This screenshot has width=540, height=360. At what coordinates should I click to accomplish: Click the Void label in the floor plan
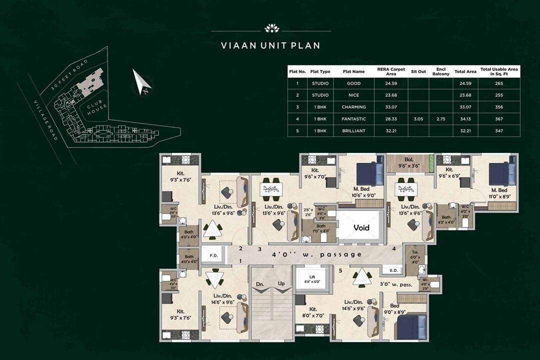pos(361,227)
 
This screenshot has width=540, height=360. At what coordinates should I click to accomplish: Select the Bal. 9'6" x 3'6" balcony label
pos(409,162)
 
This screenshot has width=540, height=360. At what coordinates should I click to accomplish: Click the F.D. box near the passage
pos(213,255)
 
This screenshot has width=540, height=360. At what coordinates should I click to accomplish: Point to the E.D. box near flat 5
pos(392,270)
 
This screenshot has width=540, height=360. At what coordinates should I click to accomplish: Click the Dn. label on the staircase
pos(260,283)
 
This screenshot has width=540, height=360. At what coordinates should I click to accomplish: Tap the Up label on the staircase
pos(281,283)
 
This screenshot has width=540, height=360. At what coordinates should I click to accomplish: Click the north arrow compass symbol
pos(141,82)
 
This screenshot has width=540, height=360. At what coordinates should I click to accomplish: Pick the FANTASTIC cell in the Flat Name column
pos(353,119)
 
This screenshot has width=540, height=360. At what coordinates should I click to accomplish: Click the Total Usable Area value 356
pos(498,107)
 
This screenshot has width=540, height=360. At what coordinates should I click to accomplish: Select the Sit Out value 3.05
pos(418,119)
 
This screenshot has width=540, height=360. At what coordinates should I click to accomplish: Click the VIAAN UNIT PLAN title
pos(270,45)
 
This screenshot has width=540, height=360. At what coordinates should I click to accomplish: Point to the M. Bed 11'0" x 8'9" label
pos(498,193)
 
